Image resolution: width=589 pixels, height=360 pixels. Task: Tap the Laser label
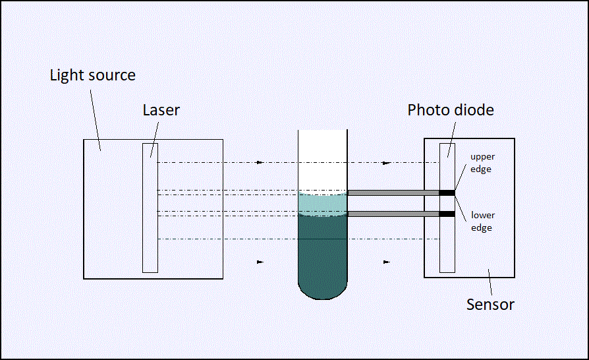point(161,110)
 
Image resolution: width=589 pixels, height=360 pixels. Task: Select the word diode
point(472,110)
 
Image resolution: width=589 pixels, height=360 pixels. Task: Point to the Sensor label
point(490,305)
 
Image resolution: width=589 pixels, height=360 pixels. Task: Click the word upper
point(482,157)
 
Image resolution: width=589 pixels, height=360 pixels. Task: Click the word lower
point(483,215)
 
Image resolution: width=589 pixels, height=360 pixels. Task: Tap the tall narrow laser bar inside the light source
point(150,208)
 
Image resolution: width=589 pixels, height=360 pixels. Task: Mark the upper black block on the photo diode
point(447,193)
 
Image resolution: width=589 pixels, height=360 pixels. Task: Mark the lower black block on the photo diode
point(447,214)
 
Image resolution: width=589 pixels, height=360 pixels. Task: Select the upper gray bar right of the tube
point(393,193)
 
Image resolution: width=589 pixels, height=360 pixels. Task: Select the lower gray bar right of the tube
point(393,214)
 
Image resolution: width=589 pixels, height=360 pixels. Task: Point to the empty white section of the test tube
point(323,161)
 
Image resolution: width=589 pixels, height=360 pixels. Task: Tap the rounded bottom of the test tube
point(323,291)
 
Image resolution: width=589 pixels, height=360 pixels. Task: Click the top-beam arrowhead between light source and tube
point(260,163)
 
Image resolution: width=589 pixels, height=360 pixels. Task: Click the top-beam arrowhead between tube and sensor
point(386,163)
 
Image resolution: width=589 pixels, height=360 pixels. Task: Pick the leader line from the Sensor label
point(490,282)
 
